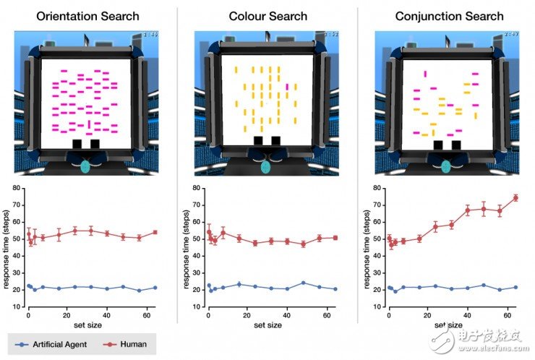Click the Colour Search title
click(267, 16)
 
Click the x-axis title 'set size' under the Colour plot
click(267, 325)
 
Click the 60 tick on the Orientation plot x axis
click(145, 316)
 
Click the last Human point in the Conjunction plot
click(515, 197)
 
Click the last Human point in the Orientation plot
click(155, 232)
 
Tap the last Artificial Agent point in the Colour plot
click(335, 289)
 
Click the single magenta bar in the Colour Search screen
click(287, 87)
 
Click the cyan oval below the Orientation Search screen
click(85, 166)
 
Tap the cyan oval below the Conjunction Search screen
click(446, 166)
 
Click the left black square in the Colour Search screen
click(258, 141)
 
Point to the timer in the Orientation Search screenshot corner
click(150, 34)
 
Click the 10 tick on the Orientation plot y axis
click(17, 307)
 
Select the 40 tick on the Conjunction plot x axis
click(467, 316)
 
